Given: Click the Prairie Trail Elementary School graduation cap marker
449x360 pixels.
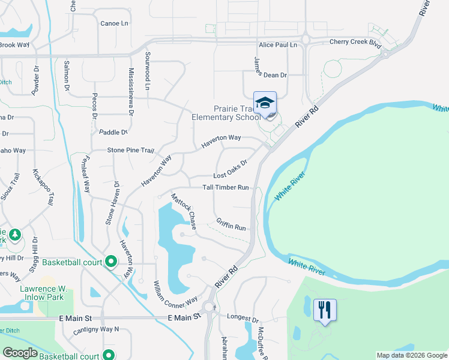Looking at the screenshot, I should pos(265,103).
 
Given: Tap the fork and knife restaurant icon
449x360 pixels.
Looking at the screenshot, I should pos(325,310).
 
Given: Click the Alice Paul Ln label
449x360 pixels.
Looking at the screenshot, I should pos(278,45).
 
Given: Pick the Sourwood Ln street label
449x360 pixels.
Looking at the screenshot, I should pos(147,71).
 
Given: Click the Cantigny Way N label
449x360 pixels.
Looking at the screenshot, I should pos(96,329).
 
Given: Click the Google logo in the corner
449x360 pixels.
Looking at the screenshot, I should pos(20,353).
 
